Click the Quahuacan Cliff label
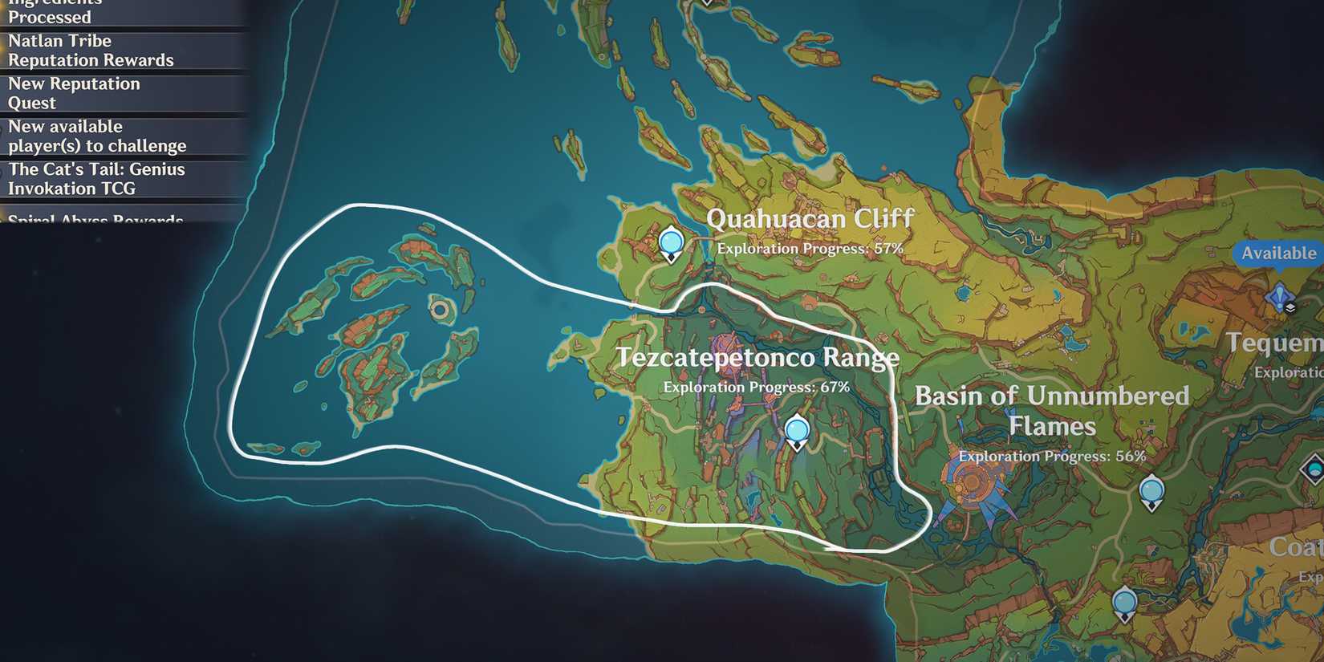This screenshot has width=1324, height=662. [x=810, y=219]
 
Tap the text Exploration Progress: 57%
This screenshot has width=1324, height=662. [x=810, y=249]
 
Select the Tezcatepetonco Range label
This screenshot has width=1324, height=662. [x=757, y=358]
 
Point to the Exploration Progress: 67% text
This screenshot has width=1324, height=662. [x=756, y=387]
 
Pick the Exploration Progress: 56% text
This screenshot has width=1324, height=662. [x=1051, y=457]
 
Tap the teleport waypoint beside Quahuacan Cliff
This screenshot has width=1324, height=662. [x=671, y=243]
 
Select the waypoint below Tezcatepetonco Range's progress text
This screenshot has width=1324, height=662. [x=797, y=433]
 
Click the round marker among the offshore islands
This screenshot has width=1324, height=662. [x=440, y=310]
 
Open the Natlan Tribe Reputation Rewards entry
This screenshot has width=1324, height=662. [x=91, y=51]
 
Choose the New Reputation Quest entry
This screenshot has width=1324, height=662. [x=74, y=93]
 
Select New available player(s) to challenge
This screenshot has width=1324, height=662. [x=97, y=136]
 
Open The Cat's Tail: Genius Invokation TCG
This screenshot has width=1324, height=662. [x=96, y=179]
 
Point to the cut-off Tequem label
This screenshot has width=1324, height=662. [x=1274, y=343]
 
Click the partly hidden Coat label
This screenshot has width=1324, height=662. [x=1295, y=547]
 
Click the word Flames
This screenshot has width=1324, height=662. [x=1051, y=427]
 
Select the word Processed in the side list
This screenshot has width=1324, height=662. [x=50, y=17]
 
